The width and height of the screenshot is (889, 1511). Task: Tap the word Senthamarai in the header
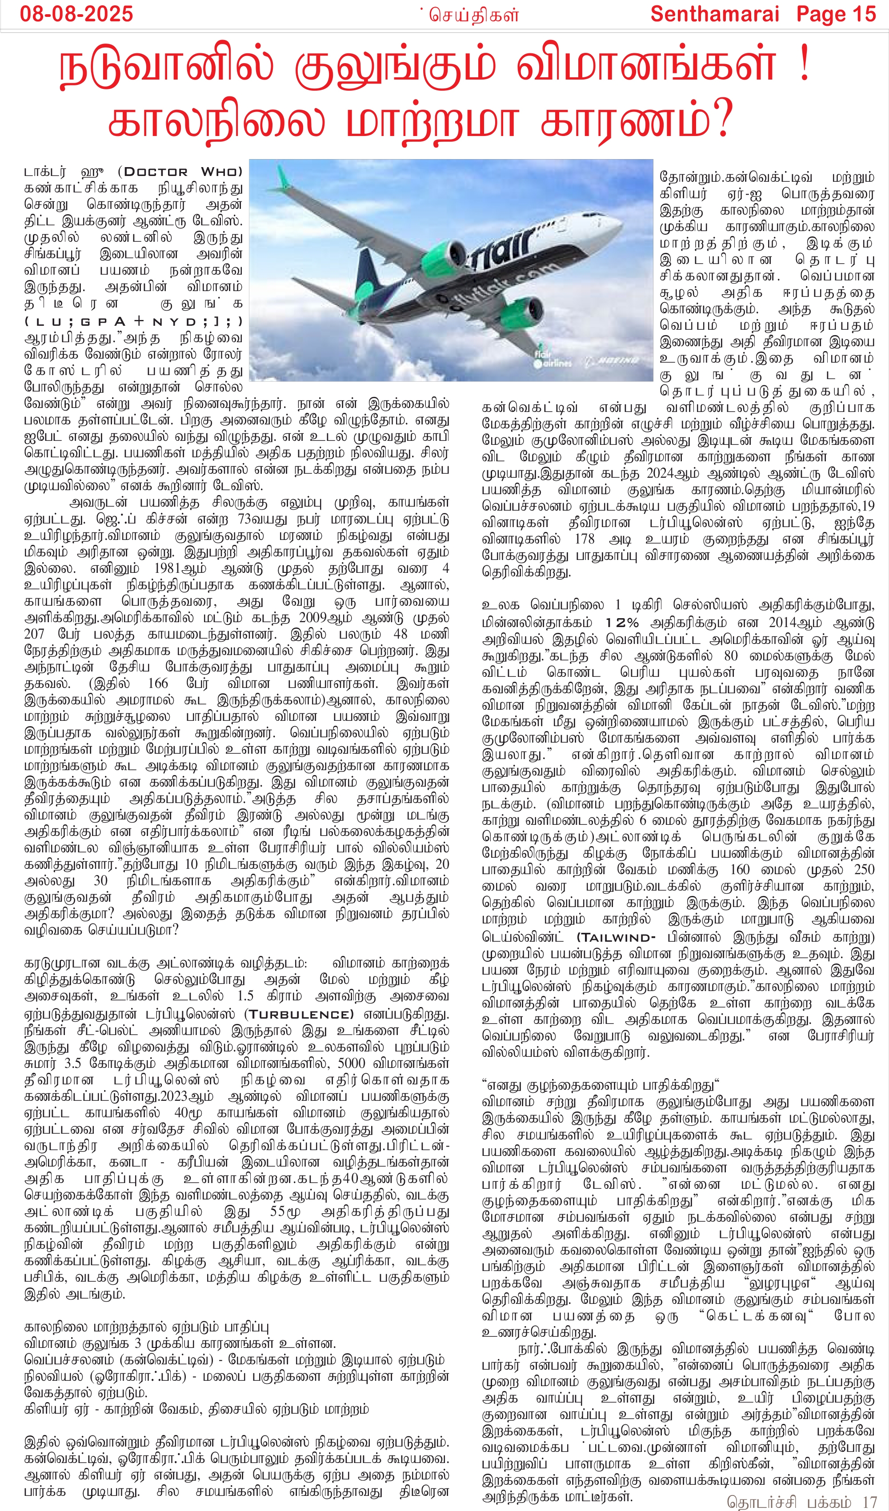(x=714, y=13)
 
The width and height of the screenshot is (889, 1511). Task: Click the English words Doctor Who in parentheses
(x=183, y=172)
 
